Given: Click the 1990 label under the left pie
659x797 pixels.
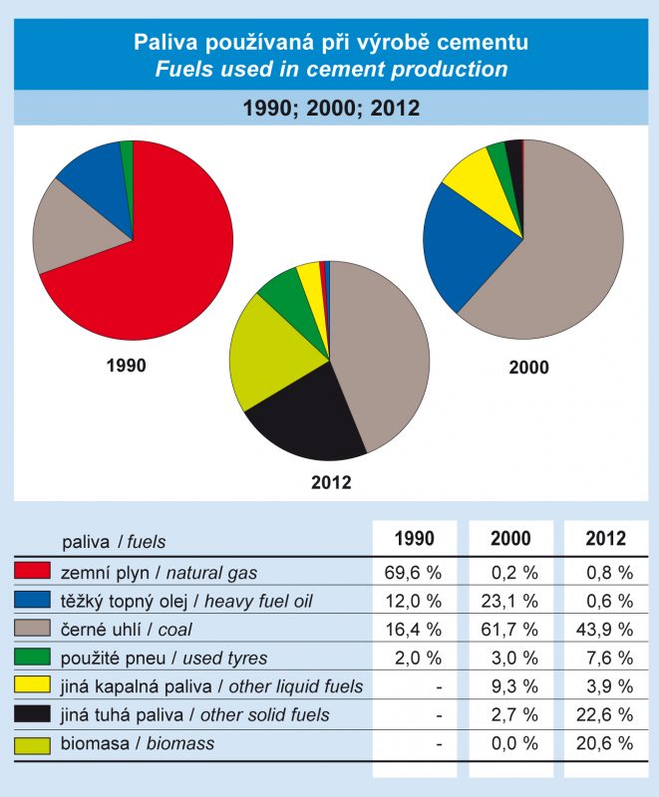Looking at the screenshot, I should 126,366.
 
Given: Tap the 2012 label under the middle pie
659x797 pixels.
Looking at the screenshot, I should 331,484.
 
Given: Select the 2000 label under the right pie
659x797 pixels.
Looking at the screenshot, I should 528,368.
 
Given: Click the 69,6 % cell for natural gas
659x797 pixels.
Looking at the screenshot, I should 414,572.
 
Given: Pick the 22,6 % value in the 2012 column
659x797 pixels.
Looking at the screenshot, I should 608,715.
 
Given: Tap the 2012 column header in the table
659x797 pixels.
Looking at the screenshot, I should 606,539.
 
